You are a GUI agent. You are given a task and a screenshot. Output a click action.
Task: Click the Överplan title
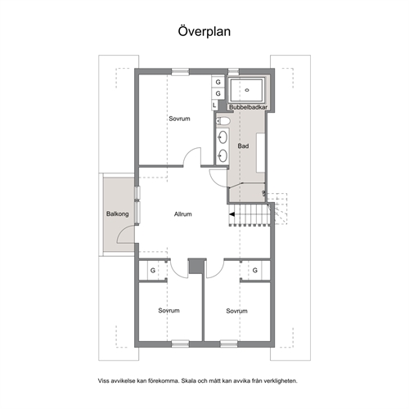click(x=204, y=31)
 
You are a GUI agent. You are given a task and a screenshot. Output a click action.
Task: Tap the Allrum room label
click(x=183, y=214)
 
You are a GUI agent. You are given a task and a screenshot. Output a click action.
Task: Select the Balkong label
click(x=118, y=213)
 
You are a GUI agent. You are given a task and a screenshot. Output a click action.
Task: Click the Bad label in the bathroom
click(x=243, y=146)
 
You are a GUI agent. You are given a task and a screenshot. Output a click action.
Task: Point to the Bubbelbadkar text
click(x=248, y=107)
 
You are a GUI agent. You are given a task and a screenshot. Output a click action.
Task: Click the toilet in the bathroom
click(x=223, y=121)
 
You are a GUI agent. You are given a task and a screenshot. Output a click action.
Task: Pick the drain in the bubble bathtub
click(x=247, y=90)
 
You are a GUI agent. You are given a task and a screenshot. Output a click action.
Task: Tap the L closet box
click(x=214, y=105)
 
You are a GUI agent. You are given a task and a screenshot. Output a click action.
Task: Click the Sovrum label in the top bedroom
click(x=179, y=119)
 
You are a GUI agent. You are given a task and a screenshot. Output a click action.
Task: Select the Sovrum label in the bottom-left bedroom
click(x=169, y=310)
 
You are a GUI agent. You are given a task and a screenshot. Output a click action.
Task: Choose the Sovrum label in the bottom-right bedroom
click(x=236, y=311)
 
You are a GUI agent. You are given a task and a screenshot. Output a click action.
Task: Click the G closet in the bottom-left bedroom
click(x=153, y=270)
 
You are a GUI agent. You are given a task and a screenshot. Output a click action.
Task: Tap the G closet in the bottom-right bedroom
click(x=255, y=270)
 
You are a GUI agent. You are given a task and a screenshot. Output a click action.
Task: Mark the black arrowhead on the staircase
click(x=231, y=214)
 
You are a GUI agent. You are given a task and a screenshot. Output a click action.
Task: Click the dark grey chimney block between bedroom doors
click(x=196, y=266)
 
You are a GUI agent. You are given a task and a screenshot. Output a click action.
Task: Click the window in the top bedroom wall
click(x=180, y=72)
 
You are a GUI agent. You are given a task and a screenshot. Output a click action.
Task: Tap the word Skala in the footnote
click(x=189, y=380)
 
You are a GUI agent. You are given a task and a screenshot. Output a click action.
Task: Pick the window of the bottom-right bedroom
click(x=229, y=344)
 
